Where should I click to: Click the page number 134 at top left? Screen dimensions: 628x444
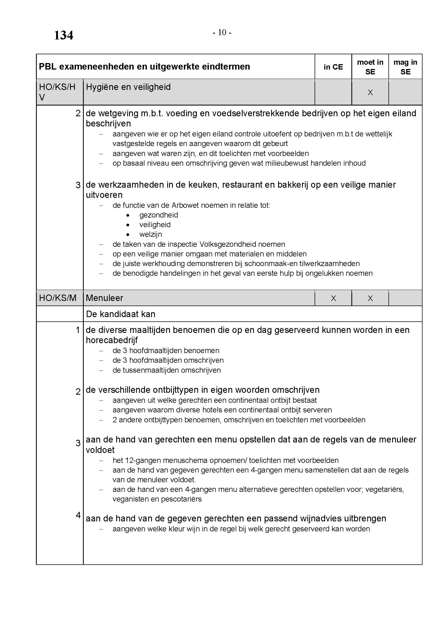(x=63, y=35)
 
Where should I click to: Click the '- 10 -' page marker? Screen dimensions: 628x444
(x=222, y=33)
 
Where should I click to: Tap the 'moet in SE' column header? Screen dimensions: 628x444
(x=370, y=67)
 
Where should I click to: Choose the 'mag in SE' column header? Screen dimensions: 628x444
(x=405, y=67)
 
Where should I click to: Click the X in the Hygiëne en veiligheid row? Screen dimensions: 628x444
(x=370, y=92)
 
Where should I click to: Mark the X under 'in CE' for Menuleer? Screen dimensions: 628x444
(x=333, y=298)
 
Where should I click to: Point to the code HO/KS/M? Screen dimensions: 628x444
(x=58, y=298)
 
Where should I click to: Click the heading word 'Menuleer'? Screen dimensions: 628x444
(x=104, y=298)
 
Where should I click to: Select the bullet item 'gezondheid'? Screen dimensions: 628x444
(x=159, y=215)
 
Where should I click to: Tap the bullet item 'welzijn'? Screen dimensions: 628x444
(x=151, y=234)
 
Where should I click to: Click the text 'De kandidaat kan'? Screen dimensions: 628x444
(x=121, y=314)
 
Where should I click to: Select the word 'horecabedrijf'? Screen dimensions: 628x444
(x=112, y=340)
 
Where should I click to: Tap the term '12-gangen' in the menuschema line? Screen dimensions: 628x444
(x=143, y=460)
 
